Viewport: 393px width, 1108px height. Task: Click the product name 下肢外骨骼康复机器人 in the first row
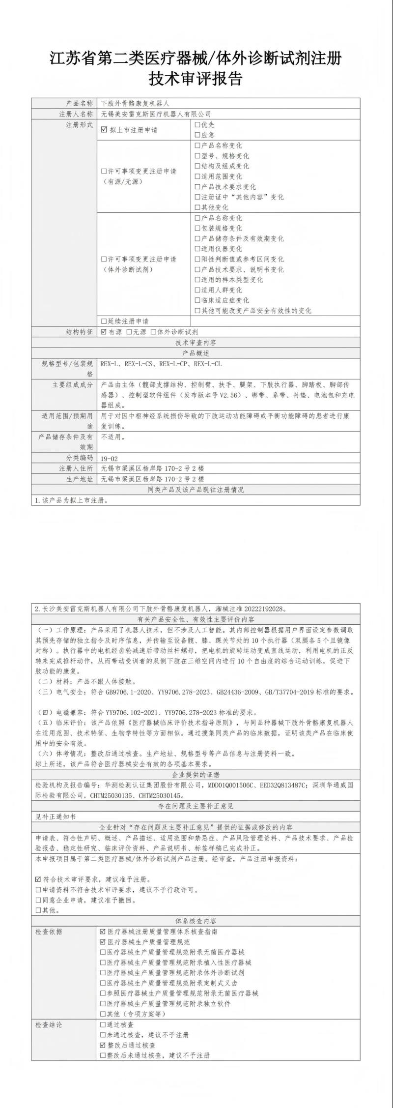click(135, 103)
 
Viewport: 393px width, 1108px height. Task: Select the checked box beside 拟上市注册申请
click(104, 130)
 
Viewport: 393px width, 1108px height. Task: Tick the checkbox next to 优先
click(197, 125)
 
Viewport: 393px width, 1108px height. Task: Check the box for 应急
click(197, 135)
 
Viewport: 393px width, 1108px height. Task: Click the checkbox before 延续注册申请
click(104, 321)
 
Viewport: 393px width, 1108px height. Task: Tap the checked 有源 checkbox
click(104, 332)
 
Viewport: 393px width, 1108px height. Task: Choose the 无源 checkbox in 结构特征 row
click(129, 332)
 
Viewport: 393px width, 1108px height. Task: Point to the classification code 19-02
click(109, 458)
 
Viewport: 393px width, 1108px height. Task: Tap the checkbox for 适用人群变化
click(197, 290)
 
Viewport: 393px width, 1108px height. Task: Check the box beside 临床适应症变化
click(197, 300)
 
